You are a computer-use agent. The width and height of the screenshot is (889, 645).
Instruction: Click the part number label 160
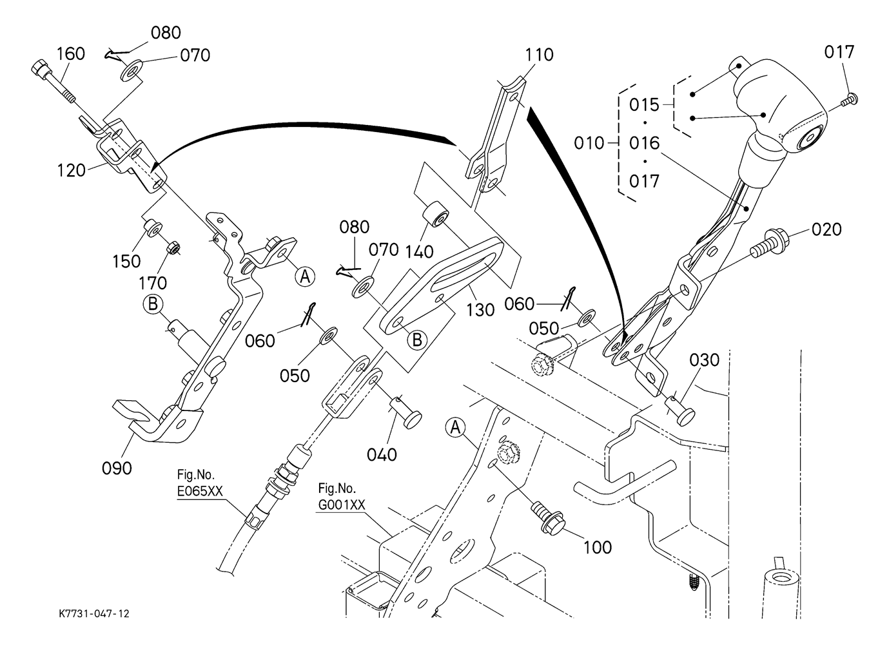click(x=71, y=53)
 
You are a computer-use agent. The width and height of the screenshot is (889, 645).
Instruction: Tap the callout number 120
click(x=71, y=171)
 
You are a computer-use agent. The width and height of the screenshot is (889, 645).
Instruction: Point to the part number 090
click(x=117, y=468)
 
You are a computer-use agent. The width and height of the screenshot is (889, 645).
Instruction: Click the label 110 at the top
click(x=539, y=55)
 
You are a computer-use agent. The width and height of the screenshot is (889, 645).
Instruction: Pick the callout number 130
click(x=481, y=310)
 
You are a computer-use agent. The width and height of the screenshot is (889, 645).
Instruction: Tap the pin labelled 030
click(x=679, y=409)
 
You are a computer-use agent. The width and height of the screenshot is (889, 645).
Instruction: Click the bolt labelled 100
click(x=547, y=516)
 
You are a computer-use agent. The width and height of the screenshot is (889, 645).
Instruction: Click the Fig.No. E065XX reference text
click(x=200, y=484)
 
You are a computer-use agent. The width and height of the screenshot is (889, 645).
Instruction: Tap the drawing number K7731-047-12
click(x=93, y=614)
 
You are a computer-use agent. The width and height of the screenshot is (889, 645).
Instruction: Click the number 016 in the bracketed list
click(x=644, y=142)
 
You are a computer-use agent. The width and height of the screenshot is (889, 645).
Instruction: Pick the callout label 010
click(x=589, y=142)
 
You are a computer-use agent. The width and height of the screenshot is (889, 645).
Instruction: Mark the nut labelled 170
click(x=173, y=248)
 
